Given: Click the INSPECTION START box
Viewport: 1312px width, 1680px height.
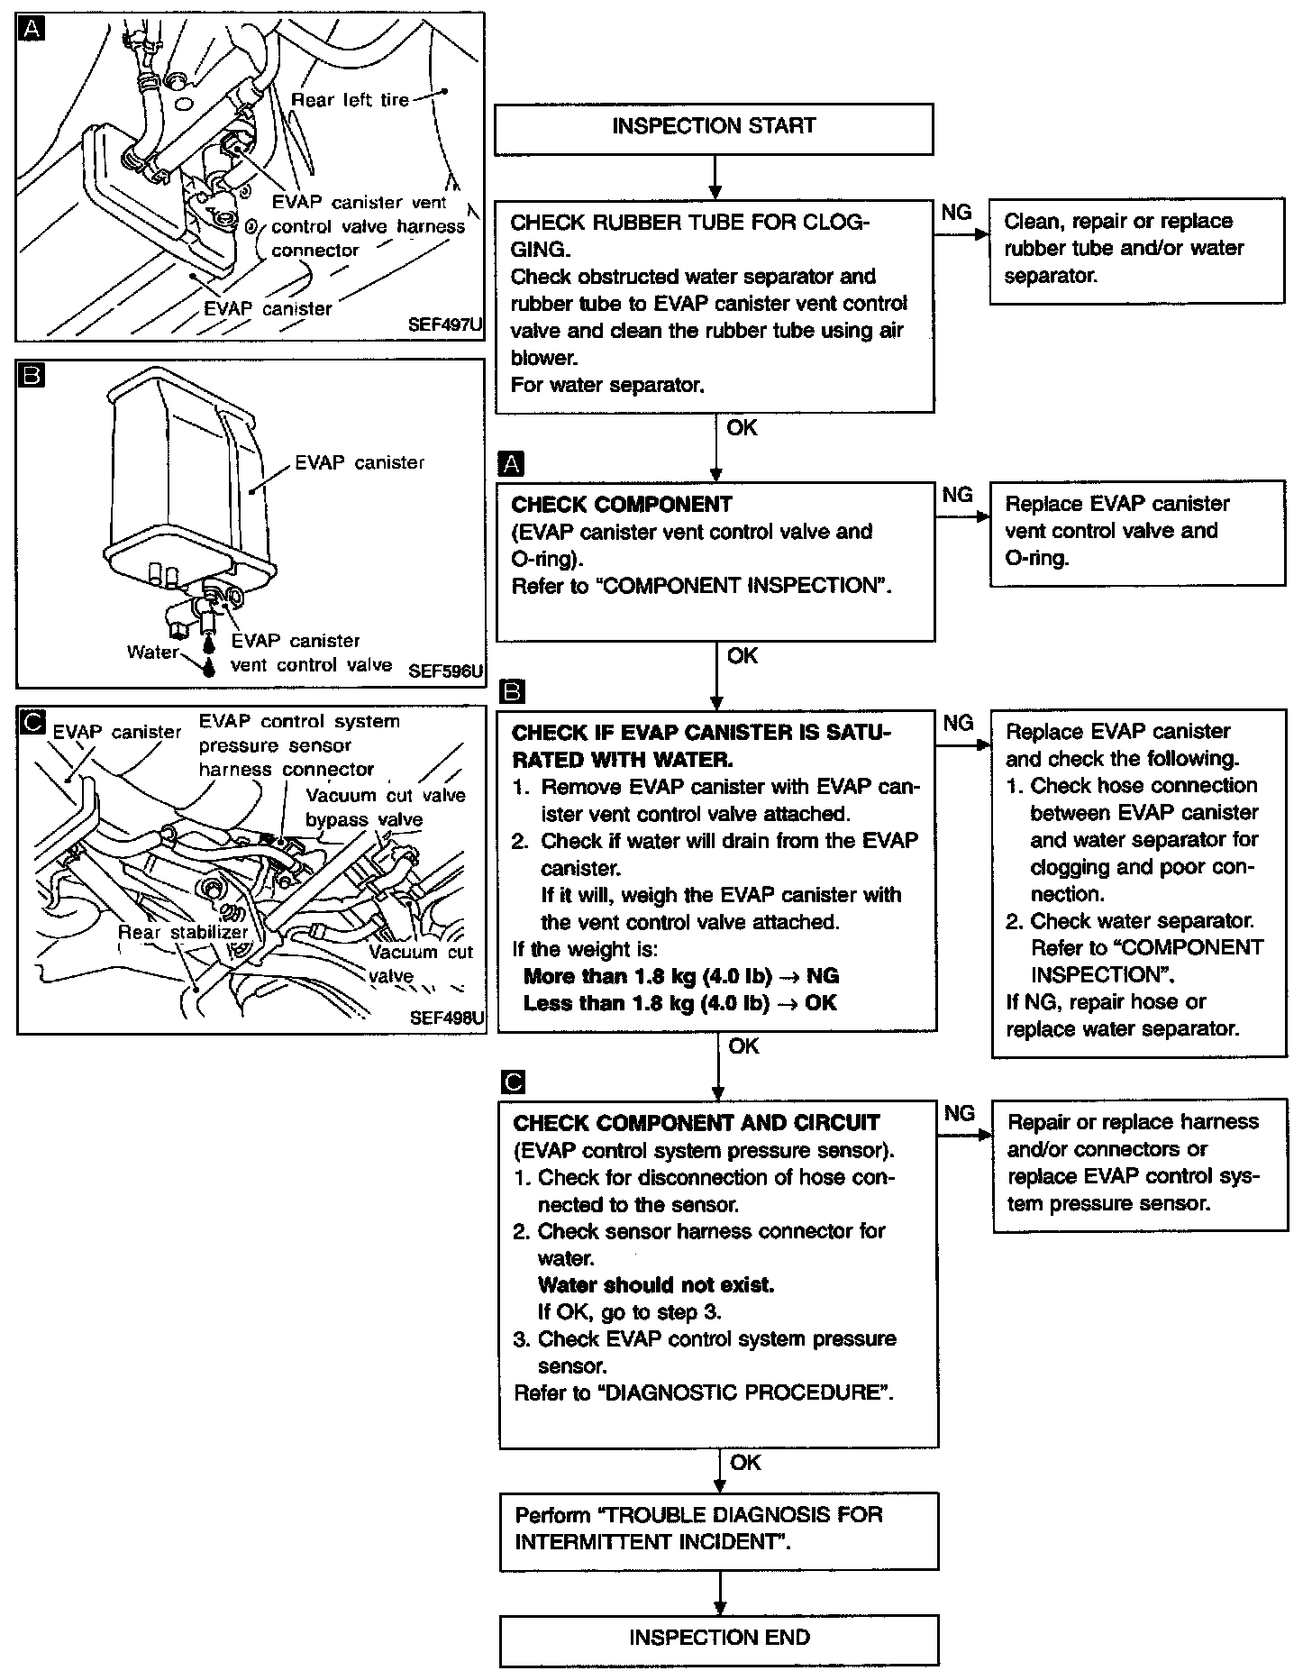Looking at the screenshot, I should pos(713,127).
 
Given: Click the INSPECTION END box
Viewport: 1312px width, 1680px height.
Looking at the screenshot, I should pos(718,1638).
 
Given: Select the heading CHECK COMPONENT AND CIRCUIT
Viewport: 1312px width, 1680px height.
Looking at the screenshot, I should pos(696,1123).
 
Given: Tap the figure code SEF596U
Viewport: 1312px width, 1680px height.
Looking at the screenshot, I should pos(445,671).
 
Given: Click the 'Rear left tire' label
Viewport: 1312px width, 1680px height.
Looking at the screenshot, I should pos(350,100).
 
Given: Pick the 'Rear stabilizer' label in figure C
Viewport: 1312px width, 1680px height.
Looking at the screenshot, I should pos(183,933).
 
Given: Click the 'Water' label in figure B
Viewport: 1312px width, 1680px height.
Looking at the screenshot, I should pos(152,652).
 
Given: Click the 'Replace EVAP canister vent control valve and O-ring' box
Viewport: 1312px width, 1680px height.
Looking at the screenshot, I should pos(1137,532).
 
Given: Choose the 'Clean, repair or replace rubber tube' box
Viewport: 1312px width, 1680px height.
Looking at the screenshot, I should pos(1136,250).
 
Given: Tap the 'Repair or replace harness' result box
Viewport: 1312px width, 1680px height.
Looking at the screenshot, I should pos(1140,1164).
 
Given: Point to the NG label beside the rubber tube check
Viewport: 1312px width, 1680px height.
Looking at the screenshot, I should pos(956,212).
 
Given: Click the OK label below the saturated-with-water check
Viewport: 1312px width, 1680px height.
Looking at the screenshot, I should pos(743,1046).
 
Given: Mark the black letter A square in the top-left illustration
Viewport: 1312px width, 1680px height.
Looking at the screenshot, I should pos(30,30).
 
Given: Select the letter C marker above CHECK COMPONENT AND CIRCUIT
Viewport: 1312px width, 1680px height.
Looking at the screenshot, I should pos(512,1082).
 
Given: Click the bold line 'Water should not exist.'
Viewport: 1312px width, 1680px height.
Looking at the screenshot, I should pos(655,1285).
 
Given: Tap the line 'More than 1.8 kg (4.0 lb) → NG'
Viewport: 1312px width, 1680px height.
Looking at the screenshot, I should pos(680,976).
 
